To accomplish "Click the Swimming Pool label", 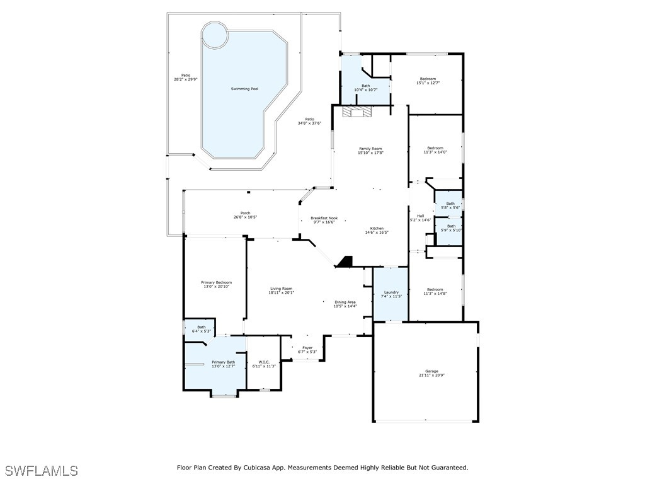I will tap(244, 89).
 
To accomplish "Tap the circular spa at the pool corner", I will tap(215, 35).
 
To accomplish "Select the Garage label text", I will tap(431, 371).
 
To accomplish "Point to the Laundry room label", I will tap(391, 292).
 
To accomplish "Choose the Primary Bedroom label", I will tap(216, 282).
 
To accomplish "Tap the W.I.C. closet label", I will tap(264, 362).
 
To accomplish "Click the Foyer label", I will tap(307, 348).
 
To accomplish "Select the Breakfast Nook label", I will tap(324, 218).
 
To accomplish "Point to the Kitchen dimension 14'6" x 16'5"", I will tap(377, 233).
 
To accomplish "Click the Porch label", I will tap(245, 213).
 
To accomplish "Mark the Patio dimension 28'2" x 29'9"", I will tap(186, 79).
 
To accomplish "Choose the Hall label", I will tap(420, 216).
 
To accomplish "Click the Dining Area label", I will tap(345, 302).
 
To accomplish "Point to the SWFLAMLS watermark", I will tap(42, 471).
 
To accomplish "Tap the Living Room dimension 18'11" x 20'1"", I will tap(281, 292).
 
